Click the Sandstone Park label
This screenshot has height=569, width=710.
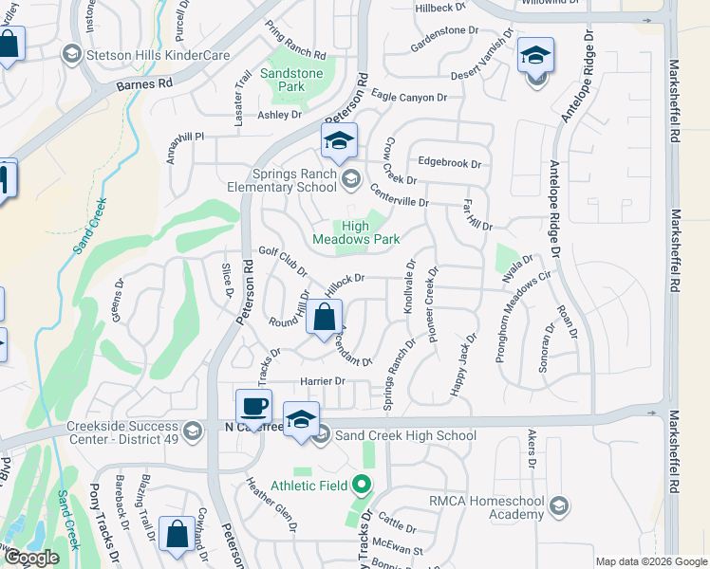[292, 80]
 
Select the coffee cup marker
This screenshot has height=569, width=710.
[253, 407]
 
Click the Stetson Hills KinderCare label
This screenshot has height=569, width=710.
[159, 55]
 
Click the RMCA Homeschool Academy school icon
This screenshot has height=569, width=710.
[557, 504]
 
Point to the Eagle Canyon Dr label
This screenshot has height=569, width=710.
[409, 97]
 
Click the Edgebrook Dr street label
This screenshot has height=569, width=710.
[448, 162]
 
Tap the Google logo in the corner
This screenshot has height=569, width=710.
[31, 558]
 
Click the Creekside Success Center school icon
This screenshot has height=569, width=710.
[193, 431]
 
